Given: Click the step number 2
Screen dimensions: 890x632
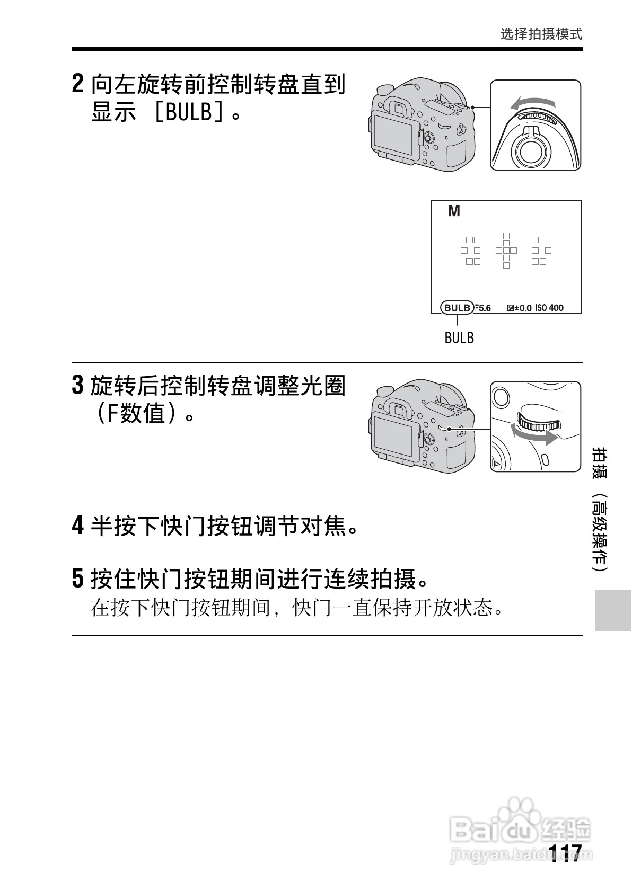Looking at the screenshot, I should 77,84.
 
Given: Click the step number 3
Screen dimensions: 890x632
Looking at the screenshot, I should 77,386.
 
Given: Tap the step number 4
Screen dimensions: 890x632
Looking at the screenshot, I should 77,526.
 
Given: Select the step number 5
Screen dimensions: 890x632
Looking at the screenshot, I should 77,578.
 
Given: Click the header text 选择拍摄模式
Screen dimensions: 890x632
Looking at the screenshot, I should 541,34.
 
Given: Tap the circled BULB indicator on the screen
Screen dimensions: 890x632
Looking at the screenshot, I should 457,307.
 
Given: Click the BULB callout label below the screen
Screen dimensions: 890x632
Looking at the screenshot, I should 459,337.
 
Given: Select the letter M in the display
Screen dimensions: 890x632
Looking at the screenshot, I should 454,211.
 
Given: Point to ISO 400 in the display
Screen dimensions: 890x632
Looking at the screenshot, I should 549,308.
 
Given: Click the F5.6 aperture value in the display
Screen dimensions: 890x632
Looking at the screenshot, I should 482,308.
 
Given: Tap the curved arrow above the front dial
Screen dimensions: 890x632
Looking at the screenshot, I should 533,103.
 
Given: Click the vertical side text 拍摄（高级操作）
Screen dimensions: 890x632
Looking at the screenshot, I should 601,509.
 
